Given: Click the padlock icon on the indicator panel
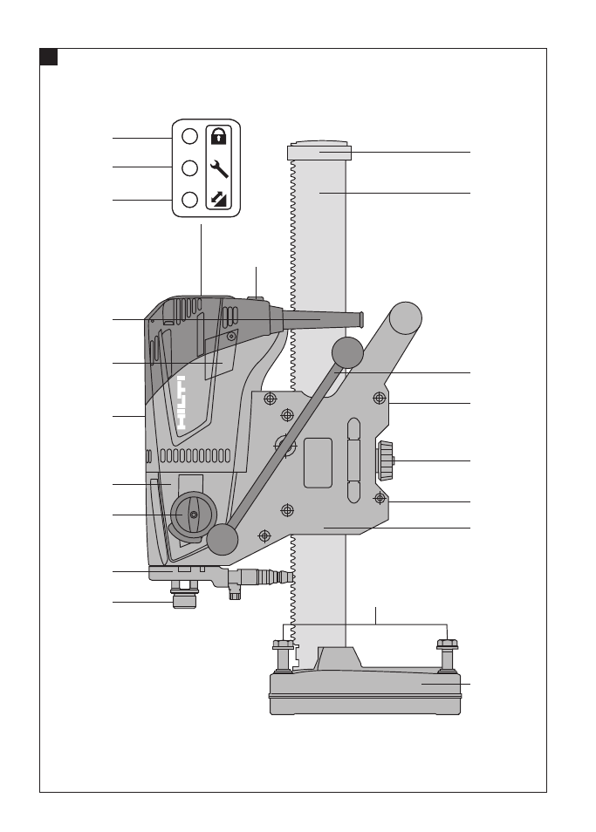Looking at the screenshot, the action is [219, 136].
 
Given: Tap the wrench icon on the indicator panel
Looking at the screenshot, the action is [219, 168].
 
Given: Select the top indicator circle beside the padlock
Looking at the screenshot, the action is [190, 136].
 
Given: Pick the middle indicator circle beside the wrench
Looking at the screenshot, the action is [190, 168].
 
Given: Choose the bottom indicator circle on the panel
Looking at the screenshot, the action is [190, 200].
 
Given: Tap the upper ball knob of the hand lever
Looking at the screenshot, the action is [347, 352].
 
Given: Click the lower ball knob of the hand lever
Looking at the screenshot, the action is [223, 539].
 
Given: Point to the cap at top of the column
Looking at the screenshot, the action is [319, 151].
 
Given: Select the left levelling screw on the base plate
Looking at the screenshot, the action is [283, 657].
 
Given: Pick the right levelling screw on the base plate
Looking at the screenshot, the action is [448, 657].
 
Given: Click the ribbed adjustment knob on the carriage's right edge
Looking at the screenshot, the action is [386, 461].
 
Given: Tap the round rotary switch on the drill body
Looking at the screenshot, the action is [194, 515].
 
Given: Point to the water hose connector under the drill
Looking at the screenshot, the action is [254, 578].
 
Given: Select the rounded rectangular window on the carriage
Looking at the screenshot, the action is [318, 463].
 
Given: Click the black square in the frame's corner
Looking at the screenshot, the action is [48, 57].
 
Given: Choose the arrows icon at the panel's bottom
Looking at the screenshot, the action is [219, 200].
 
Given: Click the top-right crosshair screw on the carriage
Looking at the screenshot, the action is [379, 398].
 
